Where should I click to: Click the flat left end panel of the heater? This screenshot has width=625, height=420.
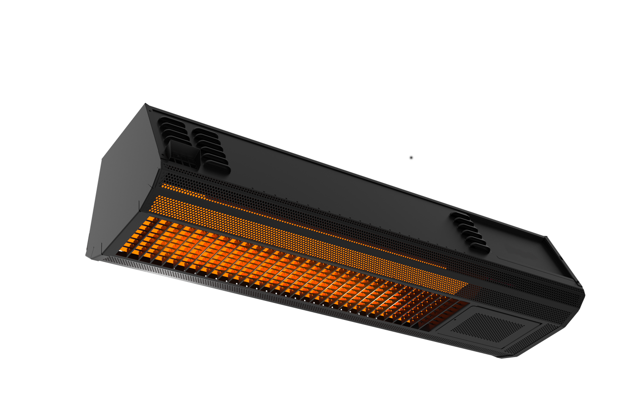pos(120,185)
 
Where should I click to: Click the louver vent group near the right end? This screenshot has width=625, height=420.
pos(470,232)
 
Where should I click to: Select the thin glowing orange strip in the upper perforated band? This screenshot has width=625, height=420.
pos(293,222)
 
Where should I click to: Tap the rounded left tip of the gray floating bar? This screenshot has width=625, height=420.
pos(411,158)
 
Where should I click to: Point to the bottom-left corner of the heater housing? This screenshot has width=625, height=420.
pos(88,258)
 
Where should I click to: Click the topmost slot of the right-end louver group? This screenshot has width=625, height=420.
pos(459,215)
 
